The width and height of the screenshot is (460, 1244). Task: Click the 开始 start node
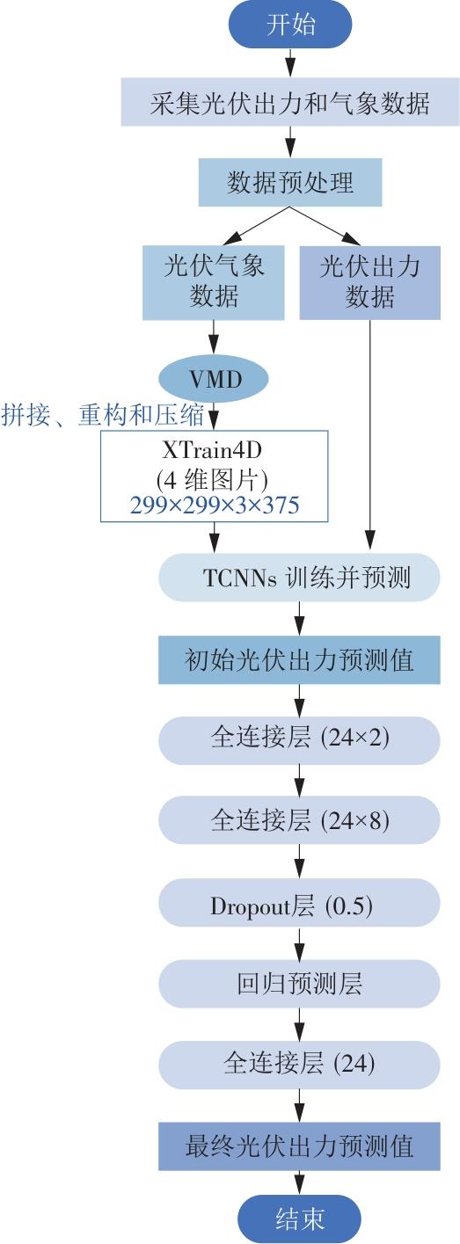tap(290, 25)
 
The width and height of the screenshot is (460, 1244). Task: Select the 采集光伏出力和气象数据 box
tap(290, 102)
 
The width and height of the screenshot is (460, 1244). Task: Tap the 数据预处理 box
tap(290, 182)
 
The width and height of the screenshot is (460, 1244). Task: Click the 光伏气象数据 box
tap(214, 283)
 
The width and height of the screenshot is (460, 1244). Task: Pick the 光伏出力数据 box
tap(370, 283)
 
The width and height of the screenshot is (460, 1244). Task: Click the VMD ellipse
tap(214, 379)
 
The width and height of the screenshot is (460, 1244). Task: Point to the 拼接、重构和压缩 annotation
tap(103, 416)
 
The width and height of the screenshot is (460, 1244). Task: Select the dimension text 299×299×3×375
tap(215, 505)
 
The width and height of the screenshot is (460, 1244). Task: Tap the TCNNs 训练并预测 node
tap(299, 578)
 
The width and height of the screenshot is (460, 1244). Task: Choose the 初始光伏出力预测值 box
tap(299, 659)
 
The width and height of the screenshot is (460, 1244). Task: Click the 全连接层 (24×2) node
tap(299, 740)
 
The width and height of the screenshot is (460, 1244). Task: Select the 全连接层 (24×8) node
tap(299, 820)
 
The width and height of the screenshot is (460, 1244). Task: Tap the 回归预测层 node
tap(299, 984)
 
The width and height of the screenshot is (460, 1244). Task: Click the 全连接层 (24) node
tap(299, 1065)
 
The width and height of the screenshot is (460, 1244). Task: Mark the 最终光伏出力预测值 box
tap(299, 1146)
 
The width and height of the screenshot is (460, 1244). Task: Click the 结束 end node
tap(299, 1219)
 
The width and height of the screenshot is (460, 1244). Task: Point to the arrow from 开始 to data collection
tap(290, 62)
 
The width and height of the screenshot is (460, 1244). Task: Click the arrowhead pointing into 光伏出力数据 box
tap(352, 238)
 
